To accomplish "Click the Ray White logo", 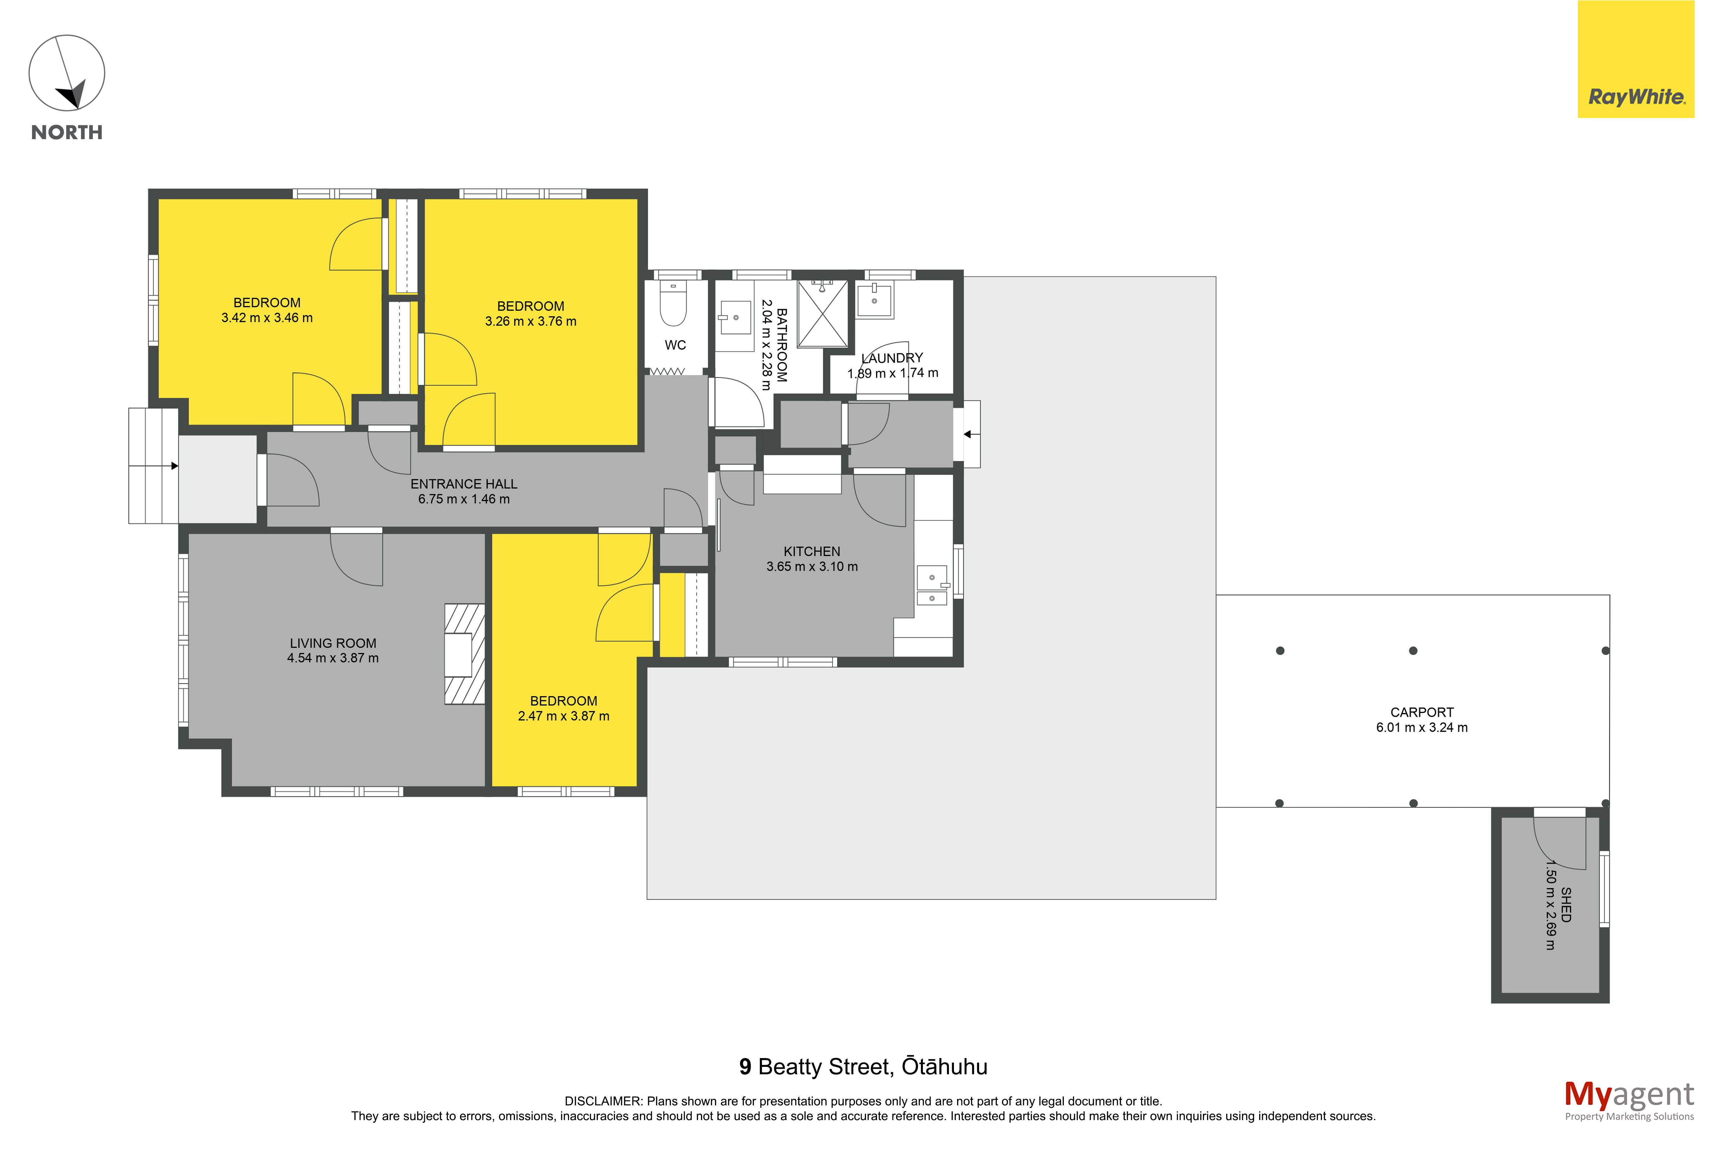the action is point(1635,59).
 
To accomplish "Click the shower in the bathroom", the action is point(822,313).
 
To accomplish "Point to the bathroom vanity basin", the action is point(735,317).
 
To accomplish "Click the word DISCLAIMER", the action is point(603,1101).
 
